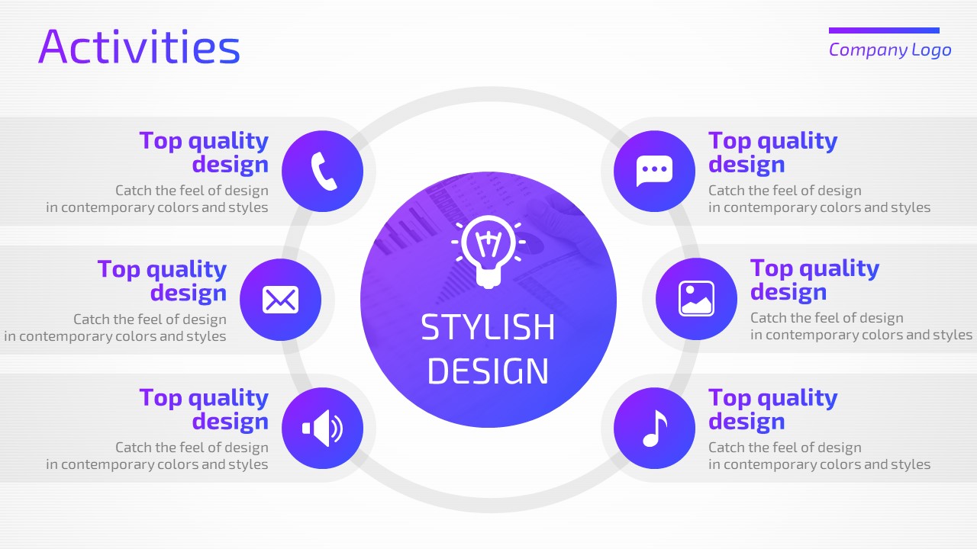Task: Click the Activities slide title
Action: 139,47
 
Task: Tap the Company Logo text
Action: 890,50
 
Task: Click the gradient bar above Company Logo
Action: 884,30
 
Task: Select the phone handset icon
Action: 324,172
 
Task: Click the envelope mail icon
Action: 280,300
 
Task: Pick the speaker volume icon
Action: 323,429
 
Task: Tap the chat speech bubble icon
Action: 654,171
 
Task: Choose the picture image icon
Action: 697,298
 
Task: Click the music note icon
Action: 655,429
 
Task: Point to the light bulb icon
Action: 488,252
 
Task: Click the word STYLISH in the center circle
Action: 488,327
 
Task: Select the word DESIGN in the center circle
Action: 488,371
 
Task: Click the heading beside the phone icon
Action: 204,152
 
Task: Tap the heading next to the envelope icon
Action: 163,281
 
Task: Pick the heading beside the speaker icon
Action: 204,409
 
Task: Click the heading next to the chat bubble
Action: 773,152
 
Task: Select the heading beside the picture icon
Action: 814,280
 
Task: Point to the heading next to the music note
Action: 773,409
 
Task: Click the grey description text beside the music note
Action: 820,456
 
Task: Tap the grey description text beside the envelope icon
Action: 115,328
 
